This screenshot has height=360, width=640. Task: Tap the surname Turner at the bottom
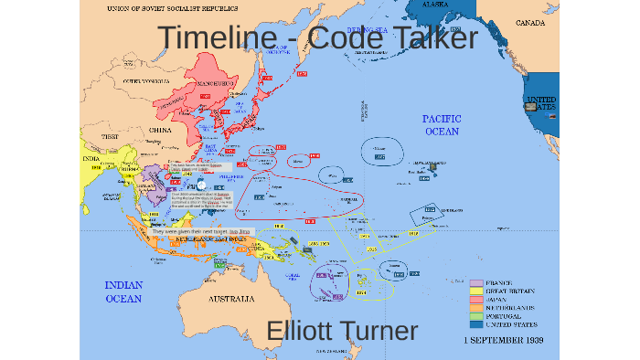pos(384,332)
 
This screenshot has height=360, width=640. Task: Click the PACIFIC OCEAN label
pos(442,125)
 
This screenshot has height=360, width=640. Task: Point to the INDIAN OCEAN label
pos(123,291)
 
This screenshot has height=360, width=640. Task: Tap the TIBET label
pos(110,136)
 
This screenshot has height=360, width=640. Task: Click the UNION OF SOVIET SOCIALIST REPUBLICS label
pos(164,6)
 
